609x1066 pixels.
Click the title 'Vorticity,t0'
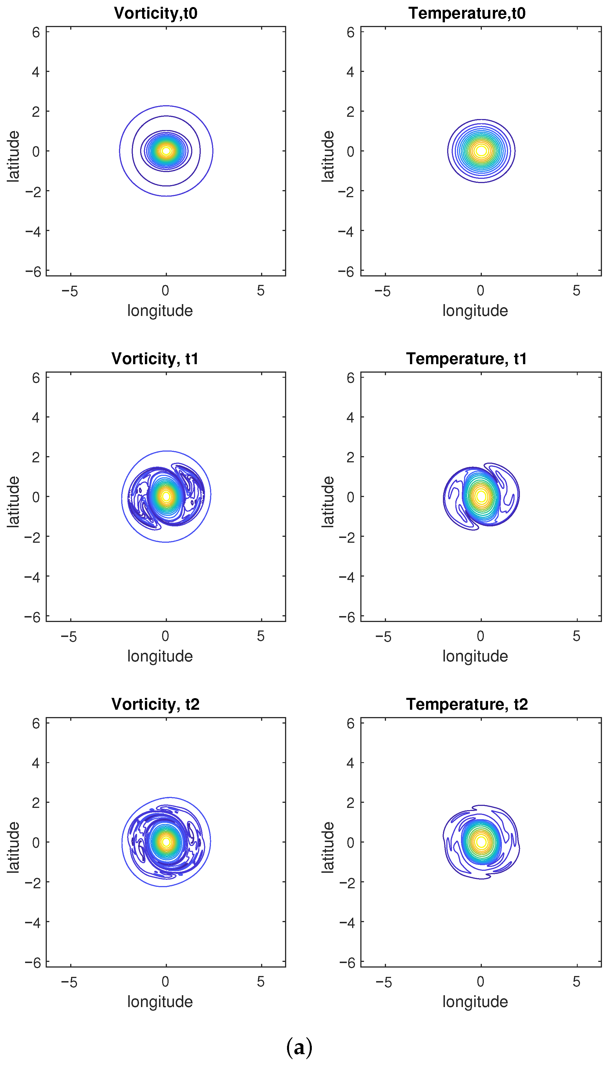click(x=156, y=13)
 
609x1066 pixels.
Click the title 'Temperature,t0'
click(x=467, y=13)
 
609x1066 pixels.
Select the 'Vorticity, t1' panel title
click(x=155, y=359)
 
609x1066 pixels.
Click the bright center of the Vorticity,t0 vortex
click(x=166, y=151)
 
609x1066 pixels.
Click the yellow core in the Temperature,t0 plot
click(x=481, y=151)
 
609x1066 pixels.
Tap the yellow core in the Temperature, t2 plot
click(x=481, y=842)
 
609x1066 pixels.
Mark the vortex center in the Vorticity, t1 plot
click(x=166, y=496)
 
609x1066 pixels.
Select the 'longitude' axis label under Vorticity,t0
click(x=160, y=311)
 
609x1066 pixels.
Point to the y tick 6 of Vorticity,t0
click(x=36, y=32)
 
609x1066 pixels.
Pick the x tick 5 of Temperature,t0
click(x=576, y=291)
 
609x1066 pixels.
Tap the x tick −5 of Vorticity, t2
click(x=69, y=982)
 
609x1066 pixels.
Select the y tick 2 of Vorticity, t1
click(x=36, y=457)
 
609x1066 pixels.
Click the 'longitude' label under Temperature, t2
click(x=475, y=1002)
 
